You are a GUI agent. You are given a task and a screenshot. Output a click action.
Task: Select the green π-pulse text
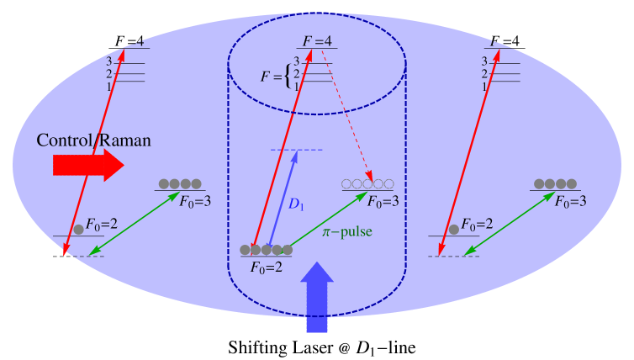point(346,231)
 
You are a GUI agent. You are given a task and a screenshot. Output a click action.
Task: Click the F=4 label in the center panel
point(317,40)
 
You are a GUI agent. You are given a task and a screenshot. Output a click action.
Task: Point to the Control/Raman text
point(93,140)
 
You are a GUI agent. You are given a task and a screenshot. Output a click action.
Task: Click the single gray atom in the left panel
point(79,229)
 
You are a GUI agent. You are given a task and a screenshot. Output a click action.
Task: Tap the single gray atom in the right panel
point(454,229)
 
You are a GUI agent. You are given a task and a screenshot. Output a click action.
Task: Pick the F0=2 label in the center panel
point(266,267)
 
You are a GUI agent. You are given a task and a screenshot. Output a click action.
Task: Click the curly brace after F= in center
point(289,77)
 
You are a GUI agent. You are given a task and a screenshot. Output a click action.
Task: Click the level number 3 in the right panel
point(484,61)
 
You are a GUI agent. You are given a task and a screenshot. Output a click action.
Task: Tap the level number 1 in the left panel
point(108,87)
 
